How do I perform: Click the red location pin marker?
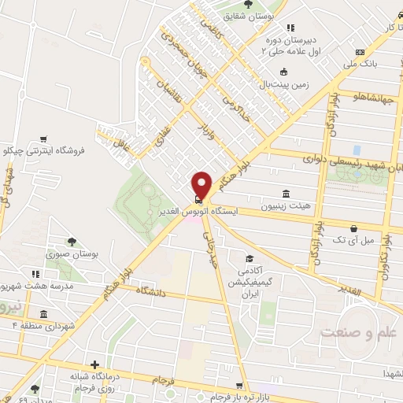click(x=202, y=184)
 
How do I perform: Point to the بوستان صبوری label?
click(x=70, y=254)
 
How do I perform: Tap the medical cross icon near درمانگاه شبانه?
click(x=94, y=364)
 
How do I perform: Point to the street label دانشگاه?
click(x=141, y=296)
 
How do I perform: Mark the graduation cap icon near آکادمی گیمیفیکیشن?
click(x=249, y=258)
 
